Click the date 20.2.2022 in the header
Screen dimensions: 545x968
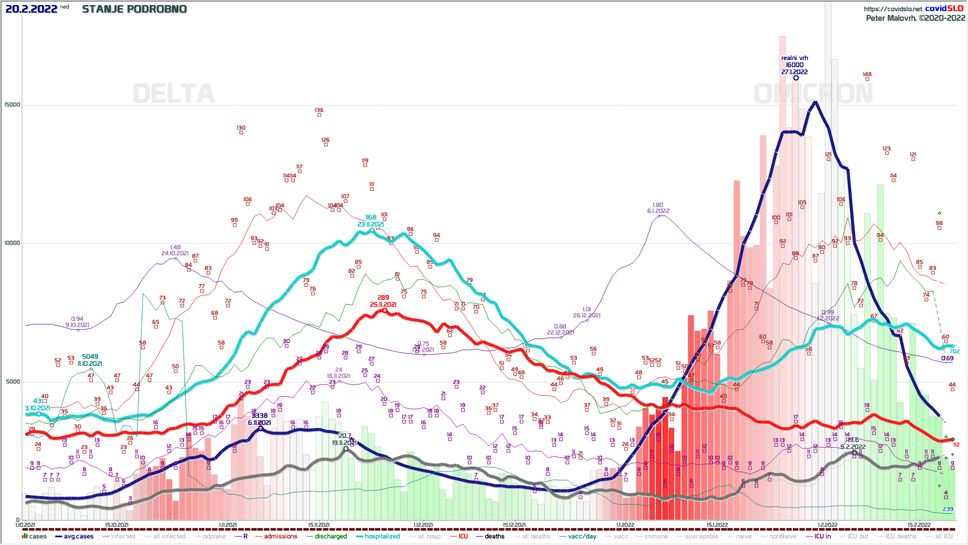31,9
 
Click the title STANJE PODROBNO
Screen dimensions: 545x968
135,9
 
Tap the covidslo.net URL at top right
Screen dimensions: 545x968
892,9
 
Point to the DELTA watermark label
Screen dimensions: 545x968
174,94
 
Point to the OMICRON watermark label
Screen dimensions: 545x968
813,94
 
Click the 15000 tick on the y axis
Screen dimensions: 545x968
12,105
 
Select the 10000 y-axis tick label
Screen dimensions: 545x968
12,243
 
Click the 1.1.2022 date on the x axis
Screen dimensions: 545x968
625,525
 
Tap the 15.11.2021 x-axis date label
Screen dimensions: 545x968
319,525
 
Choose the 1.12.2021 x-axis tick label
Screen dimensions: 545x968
423,525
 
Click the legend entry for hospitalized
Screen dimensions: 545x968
382,536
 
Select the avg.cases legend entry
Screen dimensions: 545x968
79,536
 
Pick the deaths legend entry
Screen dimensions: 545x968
494,536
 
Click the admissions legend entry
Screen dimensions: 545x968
280,536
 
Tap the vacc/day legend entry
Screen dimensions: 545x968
582,536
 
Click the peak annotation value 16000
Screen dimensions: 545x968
795,65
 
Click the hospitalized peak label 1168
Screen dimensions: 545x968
371,217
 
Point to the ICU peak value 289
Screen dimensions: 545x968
383,298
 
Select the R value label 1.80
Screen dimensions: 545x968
658,205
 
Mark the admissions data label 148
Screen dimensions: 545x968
867,74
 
